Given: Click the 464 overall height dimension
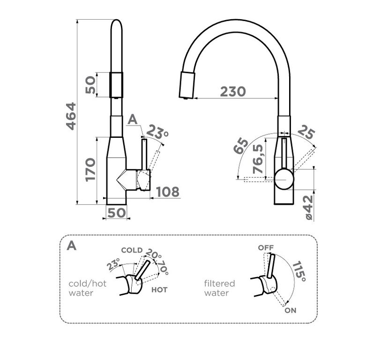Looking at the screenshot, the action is pos(71,116).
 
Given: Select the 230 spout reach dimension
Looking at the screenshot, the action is pos(233,91).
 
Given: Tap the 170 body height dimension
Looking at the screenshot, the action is pos(90,169).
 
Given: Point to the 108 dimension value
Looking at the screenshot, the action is pos(168,192).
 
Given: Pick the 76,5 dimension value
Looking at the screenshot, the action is pos(258,159).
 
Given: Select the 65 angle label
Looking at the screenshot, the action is pos(240,146).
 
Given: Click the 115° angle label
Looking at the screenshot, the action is pos(299,271).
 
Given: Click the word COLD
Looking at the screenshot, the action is pos(132,250).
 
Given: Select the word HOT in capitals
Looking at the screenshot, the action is pos(159,290).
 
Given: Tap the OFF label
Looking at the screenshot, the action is pos(266,247).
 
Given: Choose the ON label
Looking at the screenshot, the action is pos(291,310).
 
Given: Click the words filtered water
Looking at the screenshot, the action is pos(219,288).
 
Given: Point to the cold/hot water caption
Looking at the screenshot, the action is pos(87,288).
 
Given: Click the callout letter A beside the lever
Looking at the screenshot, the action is pos(133,120).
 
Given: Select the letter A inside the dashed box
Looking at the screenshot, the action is pos(71,246).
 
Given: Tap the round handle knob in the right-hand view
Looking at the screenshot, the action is pos(284,179).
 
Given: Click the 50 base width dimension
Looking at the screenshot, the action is pos(116,213).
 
